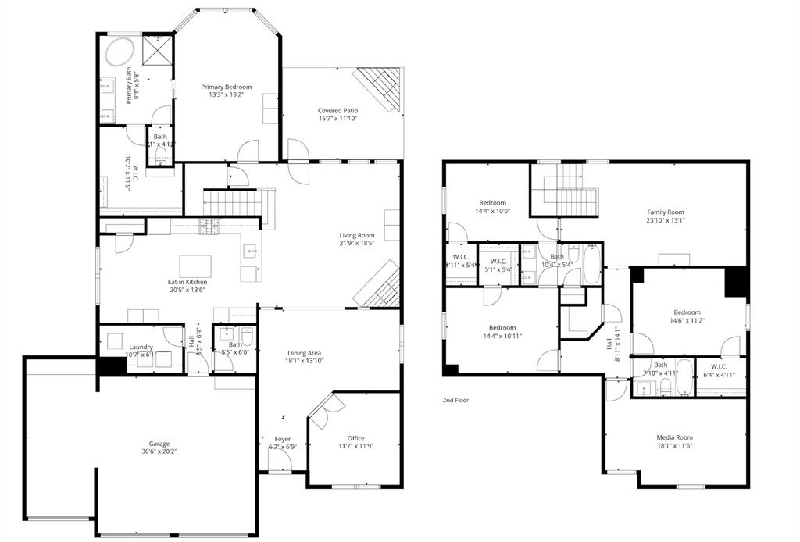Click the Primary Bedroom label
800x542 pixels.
226,87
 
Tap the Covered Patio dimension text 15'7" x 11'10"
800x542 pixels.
337,119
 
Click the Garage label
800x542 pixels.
159,444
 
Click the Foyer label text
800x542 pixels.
282,439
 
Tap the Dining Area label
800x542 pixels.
304,351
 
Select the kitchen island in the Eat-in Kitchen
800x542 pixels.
195,266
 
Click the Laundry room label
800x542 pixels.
141,347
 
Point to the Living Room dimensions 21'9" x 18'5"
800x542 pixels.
356,244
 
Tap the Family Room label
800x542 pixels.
665,212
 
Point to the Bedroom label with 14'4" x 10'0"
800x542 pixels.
492,203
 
